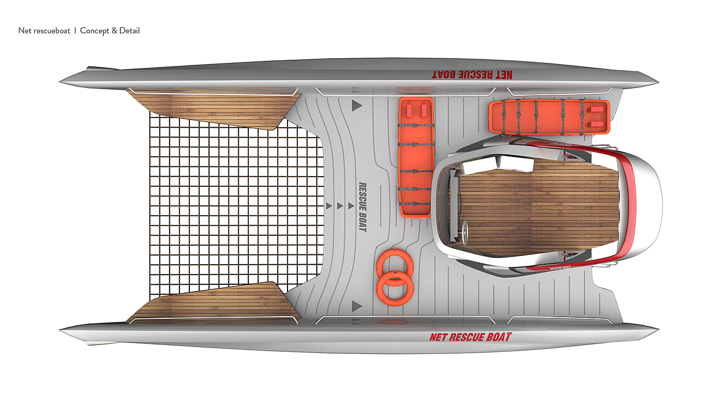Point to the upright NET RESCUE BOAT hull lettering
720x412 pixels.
(470, 337)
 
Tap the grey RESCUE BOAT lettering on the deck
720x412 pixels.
(362, 207)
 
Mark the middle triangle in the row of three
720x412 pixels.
(339, 206)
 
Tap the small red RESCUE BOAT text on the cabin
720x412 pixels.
(561, 267)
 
